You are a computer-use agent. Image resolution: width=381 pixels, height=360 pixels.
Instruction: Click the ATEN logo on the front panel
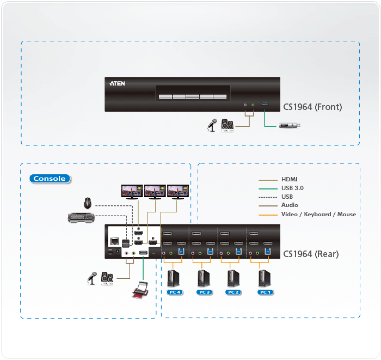click(118, 84)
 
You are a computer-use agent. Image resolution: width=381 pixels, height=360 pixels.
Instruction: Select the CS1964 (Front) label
click(312, 107)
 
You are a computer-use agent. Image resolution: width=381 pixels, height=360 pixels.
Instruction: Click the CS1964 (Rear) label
click(311, 254)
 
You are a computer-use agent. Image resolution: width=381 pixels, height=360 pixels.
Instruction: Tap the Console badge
click(50, 179)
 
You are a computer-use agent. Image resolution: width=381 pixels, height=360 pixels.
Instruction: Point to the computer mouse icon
click(87, 204)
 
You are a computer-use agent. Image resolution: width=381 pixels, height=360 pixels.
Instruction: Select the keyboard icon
click(80, 218)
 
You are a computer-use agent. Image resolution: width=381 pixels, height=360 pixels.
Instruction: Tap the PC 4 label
click(175, 292)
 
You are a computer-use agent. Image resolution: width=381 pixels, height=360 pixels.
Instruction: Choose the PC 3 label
click(204, 292)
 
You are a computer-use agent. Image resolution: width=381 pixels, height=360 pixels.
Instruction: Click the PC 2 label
click(233, 292)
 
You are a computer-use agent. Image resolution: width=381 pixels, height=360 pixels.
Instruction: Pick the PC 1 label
click(265, 292)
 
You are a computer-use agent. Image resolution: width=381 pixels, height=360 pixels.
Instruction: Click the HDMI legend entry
click(289, 179)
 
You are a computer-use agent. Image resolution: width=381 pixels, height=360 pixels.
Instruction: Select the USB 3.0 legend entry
click(292, 188)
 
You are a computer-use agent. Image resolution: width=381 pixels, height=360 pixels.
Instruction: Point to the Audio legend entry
click(290, 205)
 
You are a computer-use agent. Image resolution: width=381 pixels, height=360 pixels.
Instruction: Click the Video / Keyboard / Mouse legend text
click(318, 214)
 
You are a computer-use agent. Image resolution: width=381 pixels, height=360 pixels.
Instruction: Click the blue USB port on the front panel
click(265, 104)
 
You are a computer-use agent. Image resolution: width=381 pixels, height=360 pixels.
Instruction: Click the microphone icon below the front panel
click(211, 125)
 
